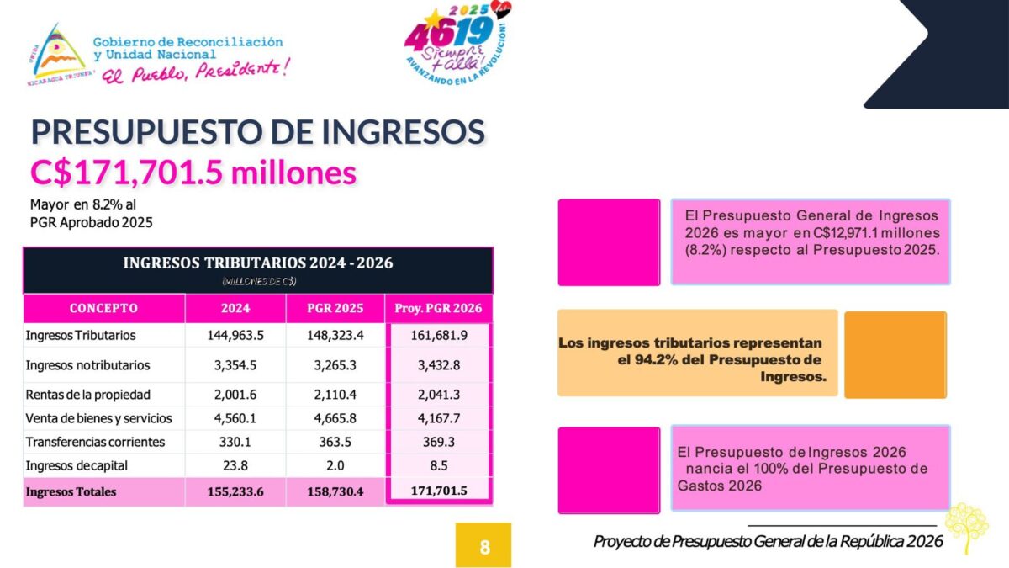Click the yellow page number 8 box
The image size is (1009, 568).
point(483,545)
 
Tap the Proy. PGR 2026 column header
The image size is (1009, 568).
point(438,308)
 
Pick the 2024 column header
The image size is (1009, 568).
point(235,308)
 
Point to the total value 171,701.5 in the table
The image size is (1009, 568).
point(438,491)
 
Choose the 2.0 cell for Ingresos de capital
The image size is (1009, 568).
point(335,465)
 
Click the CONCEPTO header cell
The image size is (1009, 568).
point(103,308)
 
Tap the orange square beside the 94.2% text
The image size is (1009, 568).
point(895,354)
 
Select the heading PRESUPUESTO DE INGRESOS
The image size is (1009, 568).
point(258,133)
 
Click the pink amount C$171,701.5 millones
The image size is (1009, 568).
point(193,173)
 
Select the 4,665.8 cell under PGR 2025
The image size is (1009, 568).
point(335,419)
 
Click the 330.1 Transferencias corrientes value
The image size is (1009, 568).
point(235,442)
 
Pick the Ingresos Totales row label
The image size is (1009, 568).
point(71,491)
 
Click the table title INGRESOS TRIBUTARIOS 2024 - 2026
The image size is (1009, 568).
point(258,263)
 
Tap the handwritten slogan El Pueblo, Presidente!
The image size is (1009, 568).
point(195,72)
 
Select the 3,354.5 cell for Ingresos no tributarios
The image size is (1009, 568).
point(235,365)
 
